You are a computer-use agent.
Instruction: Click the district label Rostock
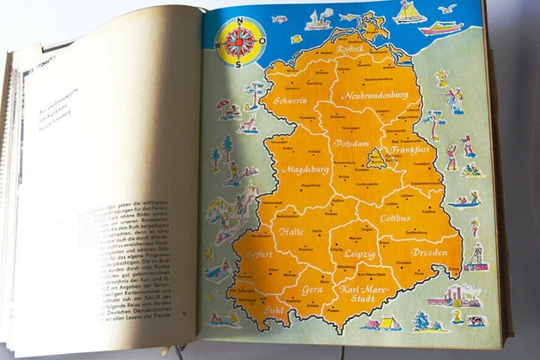[331, 50]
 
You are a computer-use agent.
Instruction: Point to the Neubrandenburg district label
[381, 96]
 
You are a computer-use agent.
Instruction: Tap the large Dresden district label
[429, 252]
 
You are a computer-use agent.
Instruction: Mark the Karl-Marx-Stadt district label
[367, 296]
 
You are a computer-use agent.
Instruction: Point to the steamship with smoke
[319, 19]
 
